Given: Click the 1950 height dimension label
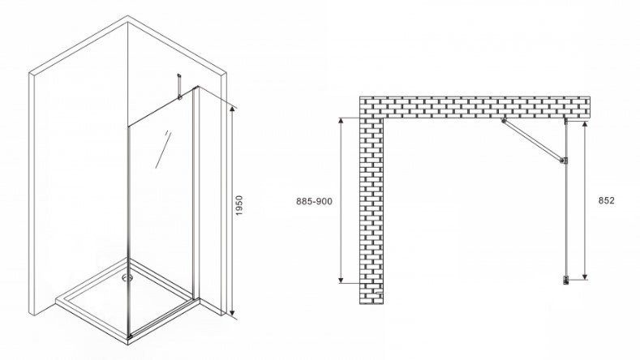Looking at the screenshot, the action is coord(239,206).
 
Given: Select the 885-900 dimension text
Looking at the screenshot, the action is coord(314,201).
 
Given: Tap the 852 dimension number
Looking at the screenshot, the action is coord(606,200).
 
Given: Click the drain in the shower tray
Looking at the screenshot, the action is coord(127,278).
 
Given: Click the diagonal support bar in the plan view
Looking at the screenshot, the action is coord(533,141).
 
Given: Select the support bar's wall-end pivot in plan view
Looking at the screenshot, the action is coord(504,121).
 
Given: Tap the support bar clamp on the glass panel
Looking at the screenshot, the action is coord(564,161).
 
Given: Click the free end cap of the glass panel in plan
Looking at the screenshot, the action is coord(566,280).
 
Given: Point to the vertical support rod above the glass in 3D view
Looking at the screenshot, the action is coord(178,86).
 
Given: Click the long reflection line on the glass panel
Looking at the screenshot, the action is coord(163,150).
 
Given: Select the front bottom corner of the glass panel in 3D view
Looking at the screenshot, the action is coord(130,337).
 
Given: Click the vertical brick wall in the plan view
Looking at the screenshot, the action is coord(372,212).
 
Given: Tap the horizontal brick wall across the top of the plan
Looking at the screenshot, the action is coord(475,108).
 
